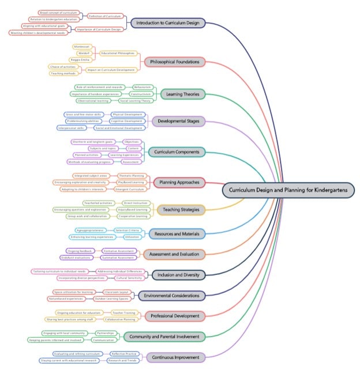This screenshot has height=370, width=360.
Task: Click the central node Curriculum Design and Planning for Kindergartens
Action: coord(288,190)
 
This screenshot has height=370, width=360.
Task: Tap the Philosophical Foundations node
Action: coord(174,62)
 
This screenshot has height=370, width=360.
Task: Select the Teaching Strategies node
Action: coord(181,210)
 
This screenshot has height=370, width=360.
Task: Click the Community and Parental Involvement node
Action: coord(164,337)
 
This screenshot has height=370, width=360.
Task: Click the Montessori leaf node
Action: coord(82,46)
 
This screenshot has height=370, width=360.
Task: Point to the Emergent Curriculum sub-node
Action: coord(130,189)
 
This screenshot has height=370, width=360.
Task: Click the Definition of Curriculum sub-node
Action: coord(104,16)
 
